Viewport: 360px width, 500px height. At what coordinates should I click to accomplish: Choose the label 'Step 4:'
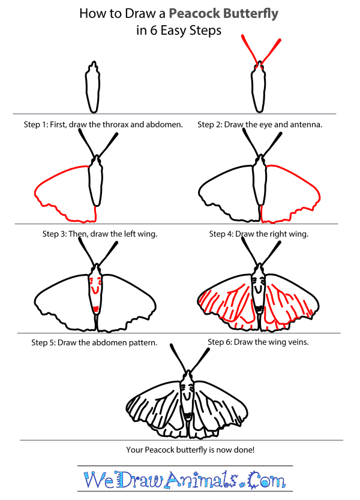pos(223,234)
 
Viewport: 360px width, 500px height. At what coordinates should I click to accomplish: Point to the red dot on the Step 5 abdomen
pos(95,308)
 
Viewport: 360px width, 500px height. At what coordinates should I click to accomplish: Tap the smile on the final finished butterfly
pos(186,396)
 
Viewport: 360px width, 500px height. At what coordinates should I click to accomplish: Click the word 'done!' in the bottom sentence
pos(244,450)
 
